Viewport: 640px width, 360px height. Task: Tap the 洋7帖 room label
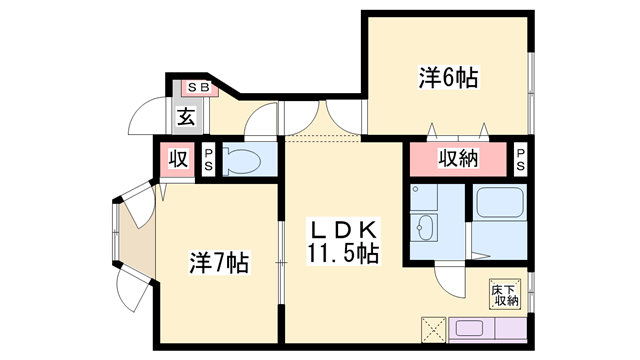(x=218, y=264)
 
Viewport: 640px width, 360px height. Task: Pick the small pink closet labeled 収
(x=178, y=159)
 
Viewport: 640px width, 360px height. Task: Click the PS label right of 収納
(x=521, y=159)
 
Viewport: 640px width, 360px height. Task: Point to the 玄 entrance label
(x=187, y=116)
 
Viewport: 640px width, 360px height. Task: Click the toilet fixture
(x=241, y=160)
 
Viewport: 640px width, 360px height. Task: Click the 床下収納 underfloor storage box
(x=504, y=295)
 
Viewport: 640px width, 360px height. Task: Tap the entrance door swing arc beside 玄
(x=147, y=115)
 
